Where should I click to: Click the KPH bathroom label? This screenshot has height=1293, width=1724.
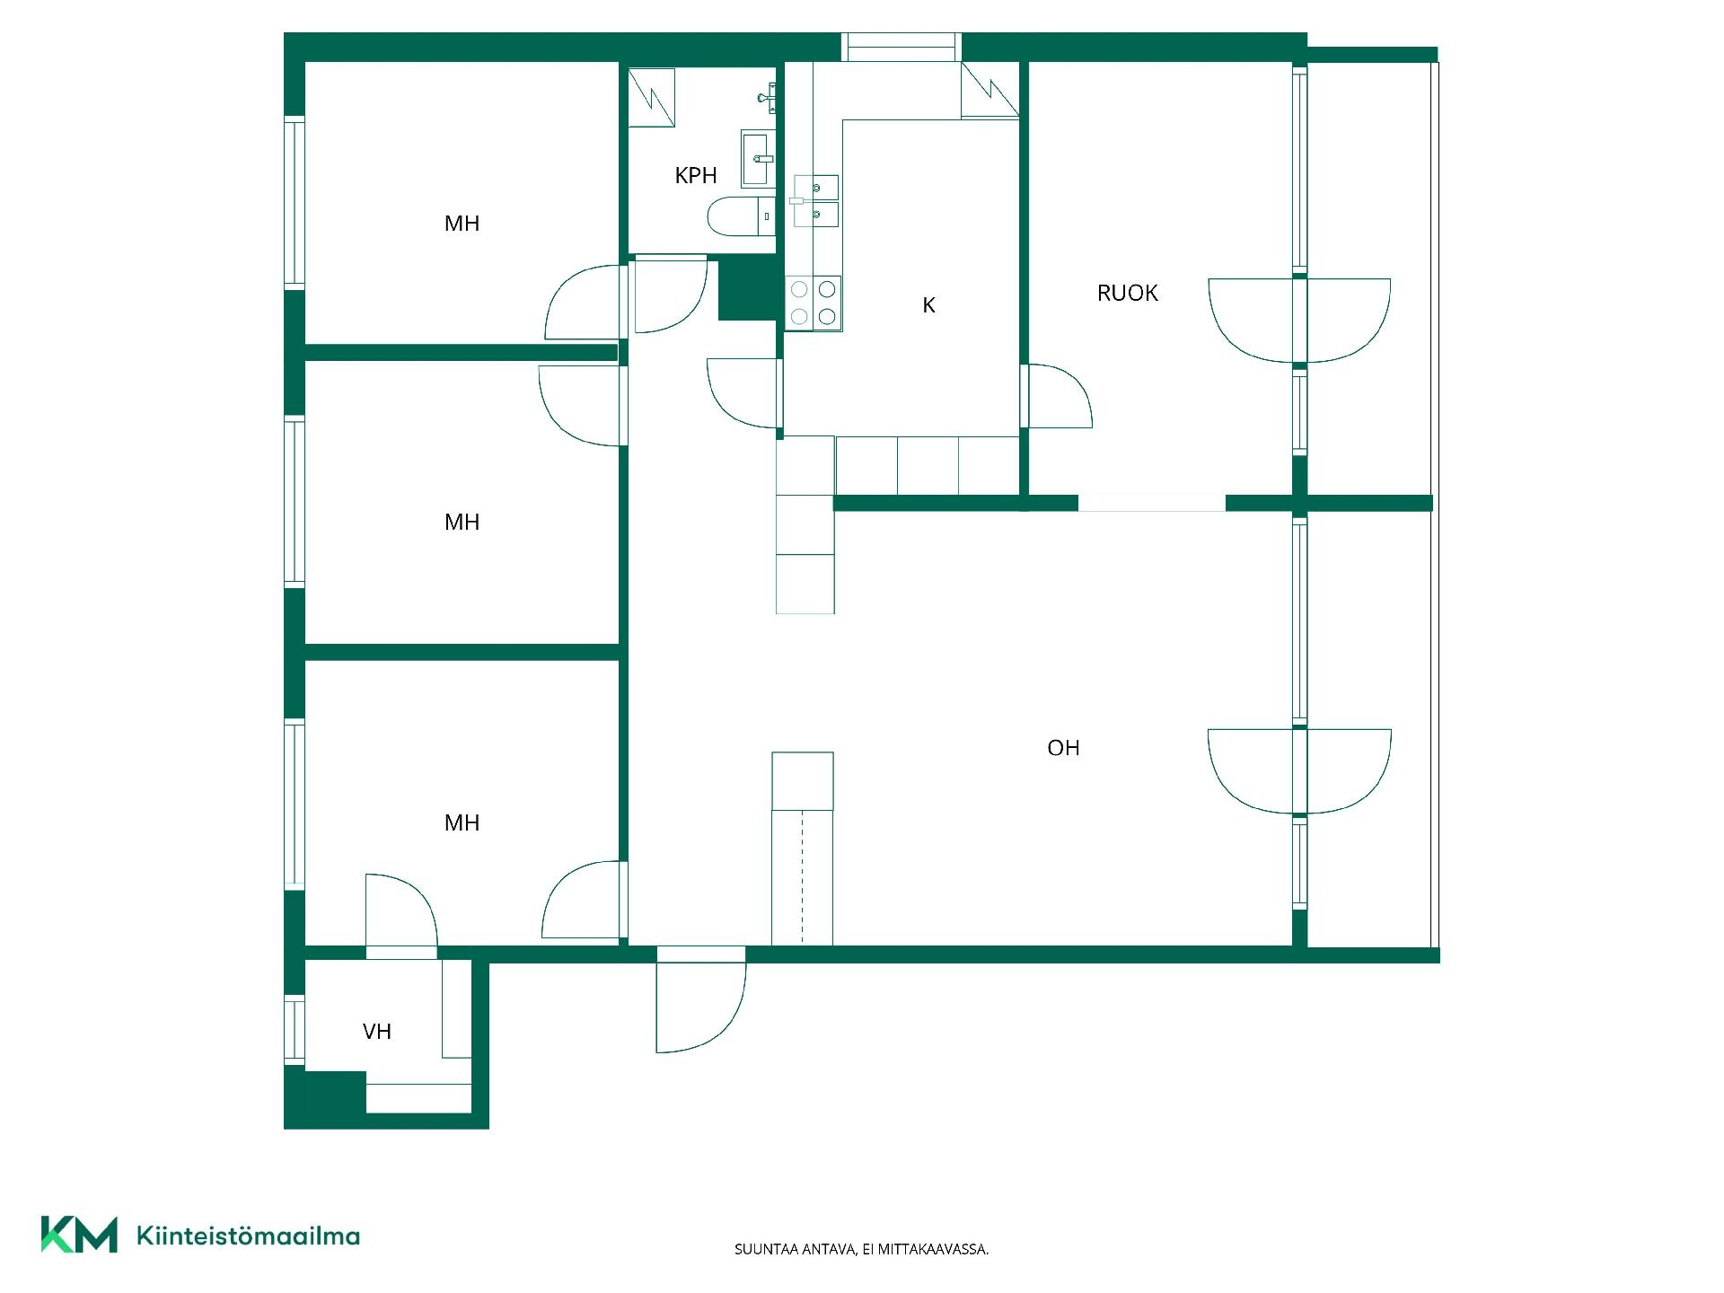(696, 175)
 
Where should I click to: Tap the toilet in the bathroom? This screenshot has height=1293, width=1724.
(741, 216)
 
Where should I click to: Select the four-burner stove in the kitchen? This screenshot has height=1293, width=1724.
(814, 303)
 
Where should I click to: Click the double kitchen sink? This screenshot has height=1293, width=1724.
(816, 200)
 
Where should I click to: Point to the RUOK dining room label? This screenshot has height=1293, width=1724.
(1128, 293)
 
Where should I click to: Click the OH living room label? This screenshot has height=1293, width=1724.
(1063, 748)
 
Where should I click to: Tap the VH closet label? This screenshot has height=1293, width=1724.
(377, 1032)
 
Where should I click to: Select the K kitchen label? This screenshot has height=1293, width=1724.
(929, 305)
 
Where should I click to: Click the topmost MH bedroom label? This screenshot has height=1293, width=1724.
(462, 224)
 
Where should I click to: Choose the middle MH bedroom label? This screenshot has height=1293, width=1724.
(462, 522)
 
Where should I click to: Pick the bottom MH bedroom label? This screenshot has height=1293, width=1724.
(462, 822)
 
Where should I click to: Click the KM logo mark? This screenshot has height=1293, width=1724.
(79, 1235)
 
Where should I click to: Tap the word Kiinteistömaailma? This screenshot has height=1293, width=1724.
(249, 1236)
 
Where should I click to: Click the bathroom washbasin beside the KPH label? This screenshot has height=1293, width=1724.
(758, 158)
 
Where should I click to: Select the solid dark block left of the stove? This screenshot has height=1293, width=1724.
(748, 288)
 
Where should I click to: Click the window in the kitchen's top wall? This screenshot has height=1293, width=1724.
(902, 47)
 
